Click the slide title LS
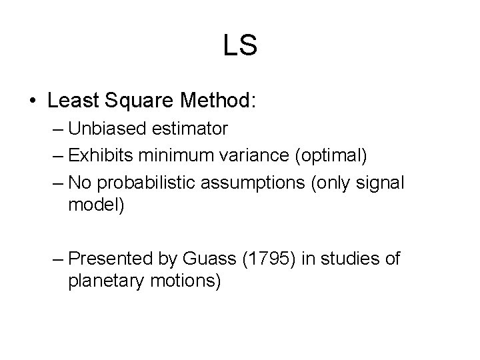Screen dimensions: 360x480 pyautogui.click(x=240, y=46)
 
